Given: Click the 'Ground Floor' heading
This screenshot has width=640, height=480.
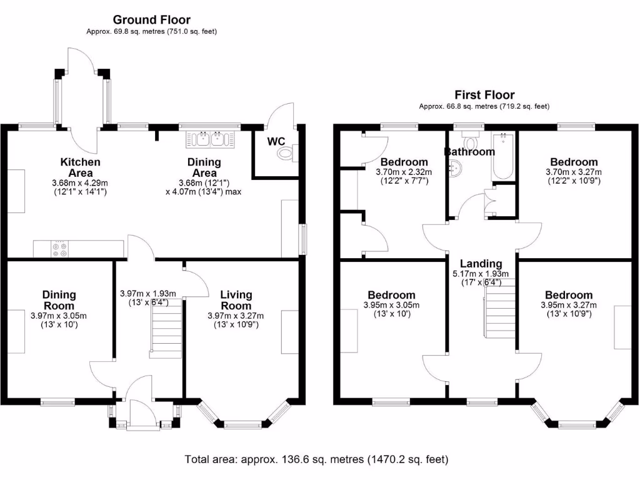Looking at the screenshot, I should (152, 20).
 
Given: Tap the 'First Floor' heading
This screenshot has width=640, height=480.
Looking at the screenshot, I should (484, 95).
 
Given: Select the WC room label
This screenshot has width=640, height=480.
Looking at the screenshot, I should (276, 141).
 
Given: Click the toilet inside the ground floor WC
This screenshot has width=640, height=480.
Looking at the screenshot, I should (286, 152).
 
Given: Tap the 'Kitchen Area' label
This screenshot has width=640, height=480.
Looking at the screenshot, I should (80, 167).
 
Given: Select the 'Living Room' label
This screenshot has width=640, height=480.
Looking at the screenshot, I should (236, 300).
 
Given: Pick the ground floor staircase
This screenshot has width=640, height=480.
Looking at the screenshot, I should (166, 328).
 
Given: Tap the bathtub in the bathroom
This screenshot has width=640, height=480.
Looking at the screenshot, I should (503, 156).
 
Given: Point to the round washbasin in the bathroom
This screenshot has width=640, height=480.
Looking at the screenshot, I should (456, 167).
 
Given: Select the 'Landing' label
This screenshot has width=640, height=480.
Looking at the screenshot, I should (481, 263).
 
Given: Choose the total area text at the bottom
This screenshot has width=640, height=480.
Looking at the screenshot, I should (316, 459).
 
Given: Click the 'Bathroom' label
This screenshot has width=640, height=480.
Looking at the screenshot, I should (469, 151).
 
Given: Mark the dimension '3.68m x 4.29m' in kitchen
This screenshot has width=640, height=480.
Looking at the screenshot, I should (80, 182).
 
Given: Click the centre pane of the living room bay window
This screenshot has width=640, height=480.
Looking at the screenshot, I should (243, 425).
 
